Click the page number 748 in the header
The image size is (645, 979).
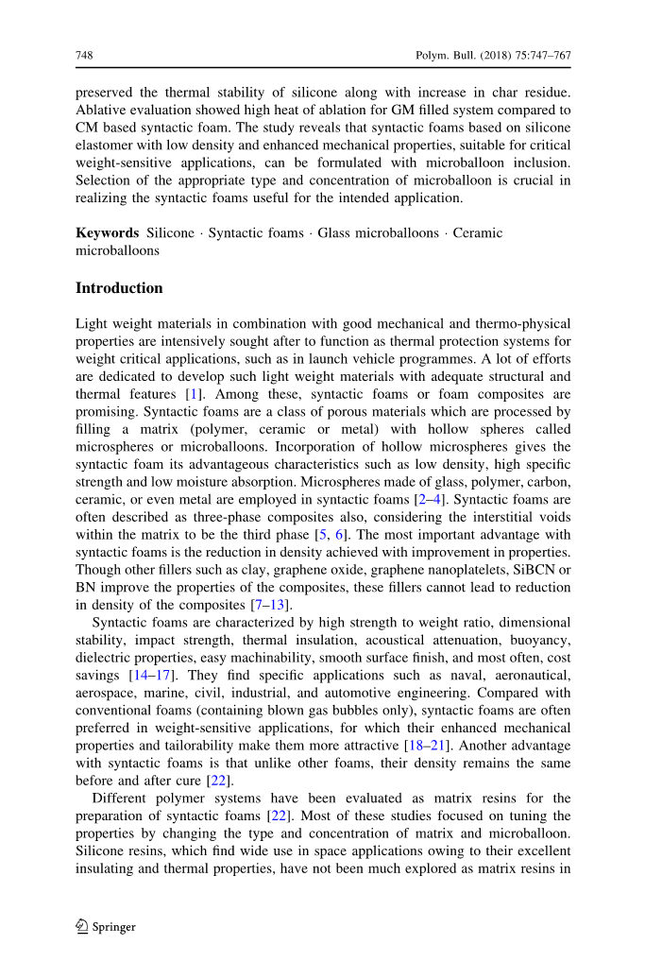point(83,56)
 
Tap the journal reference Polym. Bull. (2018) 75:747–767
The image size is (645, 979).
point(493,56)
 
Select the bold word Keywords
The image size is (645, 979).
point(107,233)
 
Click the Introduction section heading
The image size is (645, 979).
point(119,288)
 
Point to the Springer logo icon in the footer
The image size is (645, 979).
point(82,926)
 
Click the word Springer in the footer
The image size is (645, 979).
point(114,927)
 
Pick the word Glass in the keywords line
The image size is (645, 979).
point(334,233)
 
